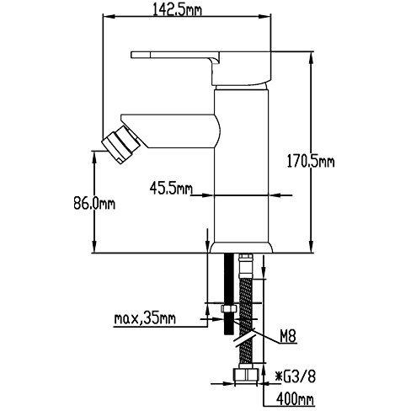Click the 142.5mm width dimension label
[x=177, y=11]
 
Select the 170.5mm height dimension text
[x=311, y=162]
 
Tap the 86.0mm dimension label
[x=94, y=203]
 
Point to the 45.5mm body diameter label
[x=171, y=188]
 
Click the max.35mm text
[x=145, y=318]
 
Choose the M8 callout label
[x=288, y=336]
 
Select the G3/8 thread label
[x=296, y=376]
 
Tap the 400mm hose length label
[x=295, y=398]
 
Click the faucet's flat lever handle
[x=176, y=55]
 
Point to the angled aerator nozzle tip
[x=121, y=145]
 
